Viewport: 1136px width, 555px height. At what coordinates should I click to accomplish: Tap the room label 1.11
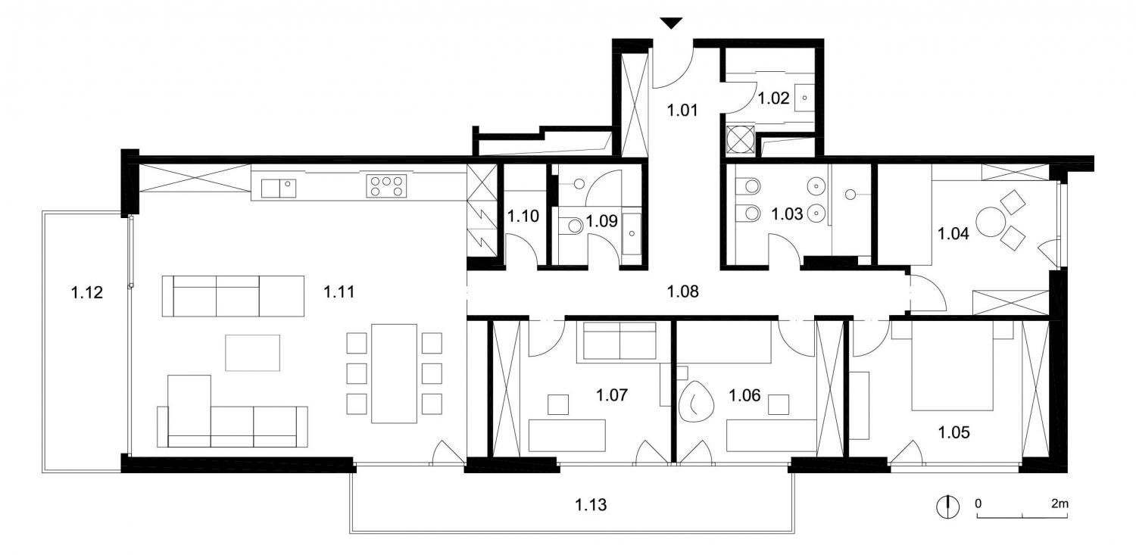coord(339,292)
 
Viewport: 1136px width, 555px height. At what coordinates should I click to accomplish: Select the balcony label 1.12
coord(87,292)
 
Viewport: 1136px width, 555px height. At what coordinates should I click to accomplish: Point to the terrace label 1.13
coord(591,505)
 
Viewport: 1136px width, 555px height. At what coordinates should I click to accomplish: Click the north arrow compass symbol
coord(947,507)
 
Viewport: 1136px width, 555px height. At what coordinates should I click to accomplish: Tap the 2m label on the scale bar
coord(1060,504)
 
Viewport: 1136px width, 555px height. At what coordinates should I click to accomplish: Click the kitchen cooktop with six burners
coord(386,186)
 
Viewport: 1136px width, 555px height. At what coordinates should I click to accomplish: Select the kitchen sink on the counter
coord(279,189)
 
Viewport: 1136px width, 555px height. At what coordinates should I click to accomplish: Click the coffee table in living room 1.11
coord(252,353)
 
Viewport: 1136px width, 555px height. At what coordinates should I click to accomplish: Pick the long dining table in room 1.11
coord(394,373)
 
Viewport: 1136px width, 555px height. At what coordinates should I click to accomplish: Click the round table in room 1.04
coord(991,222)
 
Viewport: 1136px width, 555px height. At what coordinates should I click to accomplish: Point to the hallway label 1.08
coord(682,292)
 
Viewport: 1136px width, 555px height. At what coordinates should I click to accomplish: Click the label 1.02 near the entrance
coord(773,98)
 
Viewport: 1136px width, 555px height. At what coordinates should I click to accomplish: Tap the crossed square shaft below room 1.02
coord(741,139)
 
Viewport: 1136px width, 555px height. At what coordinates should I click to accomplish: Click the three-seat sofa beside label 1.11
coord(233,296)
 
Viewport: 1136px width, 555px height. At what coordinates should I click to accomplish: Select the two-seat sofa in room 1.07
coord(619,341)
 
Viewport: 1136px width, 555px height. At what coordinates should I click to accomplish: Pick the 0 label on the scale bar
coord(978,504)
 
